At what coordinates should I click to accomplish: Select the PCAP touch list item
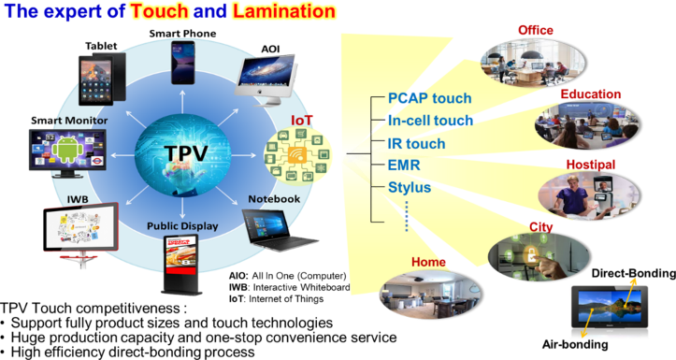pyautogui.click(x=429, y=98)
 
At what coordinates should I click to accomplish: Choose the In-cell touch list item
pyautogui.click(x=430, y=121)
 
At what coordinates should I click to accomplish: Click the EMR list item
pyautogui.click(x=404, y=166)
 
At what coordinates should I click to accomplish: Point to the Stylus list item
pyautogui.click(x=409, y=188)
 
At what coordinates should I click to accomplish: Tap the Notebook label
pyautogui.click(x=274, y=199)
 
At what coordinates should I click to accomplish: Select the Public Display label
pyautogui.click(x=181, y=226)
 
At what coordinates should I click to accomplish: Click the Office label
pyautogui.click(x=536, y=31)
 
